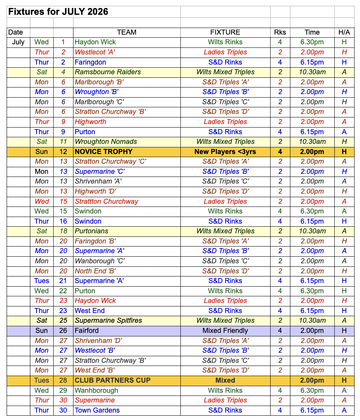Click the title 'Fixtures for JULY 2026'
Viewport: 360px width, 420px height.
click(x=58, y=12)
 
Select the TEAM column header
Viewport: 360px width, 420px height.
click(x=126, y=32)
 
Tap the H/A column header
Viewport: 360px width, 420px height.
click(x=344, y=32)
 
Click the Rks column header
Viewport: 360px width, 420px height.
click(x=280, y=32)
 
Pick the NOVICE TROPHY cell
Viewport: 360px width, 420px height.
click(x=103, y=152)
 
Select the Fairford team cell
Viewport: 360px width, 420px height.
click(x=87, y=331)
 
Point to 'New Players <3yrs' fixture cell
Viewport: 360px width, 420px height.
click(x=225, y=152)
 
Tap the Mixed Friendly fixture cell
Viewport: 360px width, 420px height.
click(x=225, y=331)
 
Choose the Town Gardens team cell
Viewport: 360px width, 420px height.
click(x=97, y=410)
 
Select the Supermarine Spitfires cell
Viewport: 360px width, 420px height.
click(x=108, y=320)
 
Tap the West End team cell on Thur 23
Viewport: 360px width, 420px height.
click(x=90, y=311)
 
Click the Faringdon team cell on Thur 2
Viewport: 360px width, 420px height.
click(x=90, y=62)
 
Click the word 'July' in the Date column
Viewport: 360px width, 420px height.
click(x=18, y=42)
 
